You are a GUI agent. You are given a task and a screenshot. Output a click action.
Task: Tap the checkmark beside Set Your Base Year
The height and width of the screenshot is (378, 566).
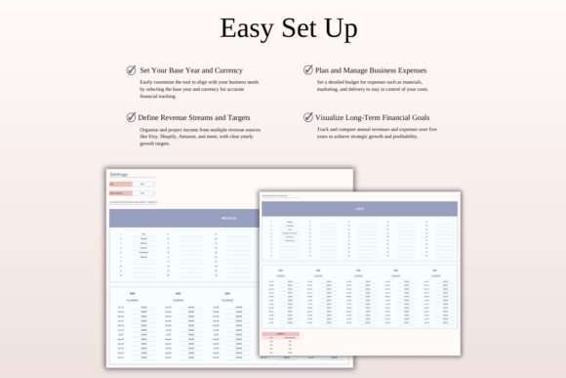click(132, 70)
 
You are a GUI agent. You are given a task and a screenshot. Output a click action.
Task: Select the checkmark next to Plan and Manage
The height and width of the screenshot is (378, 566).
click(307, 70)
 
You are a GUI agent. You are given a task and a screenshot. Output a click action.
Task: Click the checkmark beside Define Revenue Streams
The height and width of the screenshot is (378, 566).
click(132, 117)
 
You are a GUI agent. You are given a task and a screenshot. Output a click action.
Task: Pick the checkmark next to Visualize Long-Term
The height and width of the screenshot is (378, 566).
click(307, 117)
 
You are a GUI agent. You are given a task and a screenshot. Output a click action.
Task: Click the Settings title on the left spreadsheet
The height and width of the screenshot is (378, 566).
click(118, 174)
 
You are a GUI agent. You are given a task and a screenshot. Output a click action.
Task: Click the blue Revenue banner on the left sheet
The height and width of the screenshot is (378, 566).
click(228, 218)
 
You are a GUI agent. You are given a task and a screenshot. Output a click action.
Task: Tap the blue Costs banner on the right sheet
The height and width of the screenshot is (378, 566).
click(359, 208)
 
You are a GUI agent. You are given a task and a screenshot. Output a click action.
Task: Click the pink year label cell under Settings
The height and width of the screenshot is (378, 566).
click(118, 184)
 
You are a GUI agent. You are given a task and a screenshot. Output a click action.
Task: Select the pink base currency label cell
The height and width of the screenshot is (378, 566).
click(118, 192)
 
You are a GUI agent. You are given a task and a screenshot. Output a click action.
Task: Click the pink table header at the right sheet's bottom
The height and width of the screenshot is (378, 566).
click(280, 334)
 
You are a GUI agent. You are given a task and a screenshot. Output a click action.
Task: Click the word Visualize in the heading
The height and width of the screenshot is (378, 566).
click(331, 117)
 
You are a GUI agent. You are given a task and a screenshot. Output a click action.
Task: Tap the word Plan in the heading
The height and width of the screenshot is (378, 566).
click(324, 70)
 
